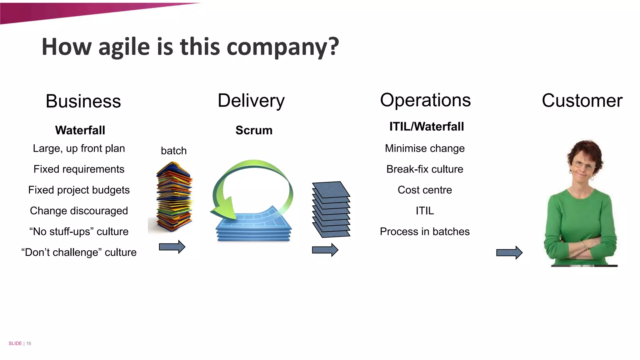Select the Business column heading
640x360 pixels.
83,101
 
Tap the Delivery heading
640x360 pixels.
251,101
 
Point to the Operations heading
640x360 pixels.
425,100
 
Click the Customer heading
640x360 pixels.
582,101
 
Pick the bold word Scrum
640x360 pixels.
254,130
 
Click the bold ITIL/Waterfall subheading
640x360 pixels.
426,127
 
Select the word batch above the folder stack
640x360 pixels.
173,151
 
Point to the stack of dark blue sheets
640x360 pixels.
331,209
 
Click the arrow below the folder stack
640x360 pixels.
172,247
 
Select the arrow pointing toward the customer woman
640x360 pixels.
509,252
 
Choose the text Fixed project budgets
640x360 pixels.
79,190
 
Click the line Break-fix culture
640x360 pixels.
424,169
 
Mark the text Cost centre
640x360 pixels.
424,190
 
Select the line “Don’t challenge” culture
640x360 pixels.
79,252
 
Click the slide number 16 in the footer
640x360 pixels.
28,343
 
